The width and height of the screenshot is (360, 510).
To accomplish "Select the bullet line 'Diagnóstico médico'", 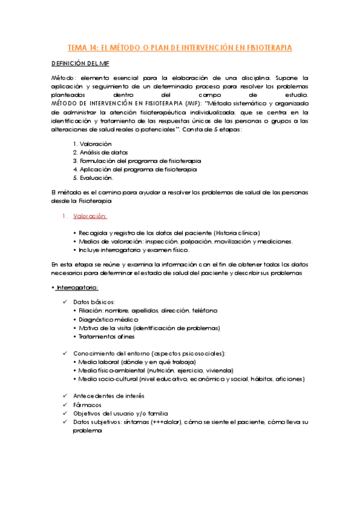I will coord(108,319).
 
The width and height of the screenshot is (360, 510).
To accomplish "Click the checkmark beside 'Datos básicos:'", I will coord(64,302).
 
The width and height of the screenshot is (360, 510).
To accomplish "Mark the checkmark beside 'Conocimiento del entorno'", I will coord(64,353).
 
